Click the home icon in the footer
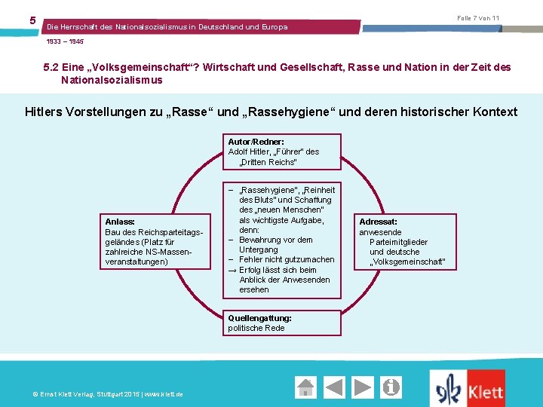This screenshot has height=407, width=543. (305, 387)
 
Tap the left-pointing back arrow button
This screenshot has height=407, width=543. (335, 387)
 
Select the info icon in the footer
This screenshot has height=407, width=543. (391, 387)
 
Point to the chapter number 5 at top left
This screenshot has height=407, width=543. (32, 20)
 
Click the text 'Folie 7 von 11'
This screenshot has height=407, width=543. (478, 18)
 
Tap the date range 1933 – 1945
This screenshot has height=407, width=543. (66, 41)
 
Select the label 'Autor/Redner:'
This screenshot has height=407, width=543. (256, 142)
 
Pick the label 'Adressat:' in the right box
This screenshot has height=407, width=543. (379, 222)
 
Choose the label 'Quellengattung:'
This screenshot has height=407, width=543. (260, 318)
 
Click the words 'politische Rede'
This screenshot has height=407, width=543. (256, 328)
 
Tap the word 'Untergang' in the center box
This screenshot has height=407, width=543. (259, 249)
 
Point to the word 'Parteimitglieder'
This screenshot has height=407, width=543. (398, 242)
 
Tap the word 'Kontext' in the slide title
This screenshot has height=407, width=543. (495, 112)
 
